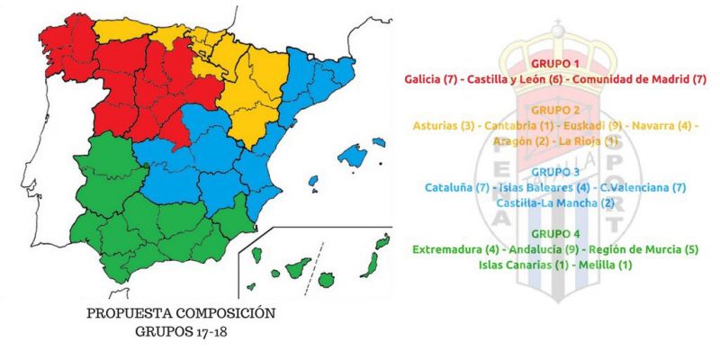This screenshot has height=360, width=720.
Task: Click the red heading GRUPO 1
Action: [x=555, y=65]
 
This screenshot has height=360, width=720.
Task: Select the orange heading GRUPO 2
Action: [x=555, y=110]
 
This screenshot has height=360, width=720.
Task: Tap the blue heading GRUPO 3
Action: [x=555, y=171]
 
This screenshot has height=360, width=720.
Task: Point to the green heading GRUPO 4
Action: [x=555, y=231]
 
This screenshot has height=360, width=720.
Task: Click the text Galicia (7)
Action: [x=435, y=80]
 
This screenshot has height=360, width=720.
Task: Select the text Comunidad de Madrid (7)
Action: [x=640, y=80]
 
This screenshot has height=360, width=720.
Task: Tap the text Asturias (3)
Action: [x=444, y=126]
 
